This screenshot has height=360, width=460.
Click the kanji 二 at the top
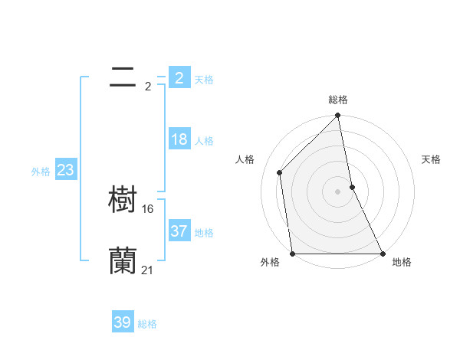[123, 77]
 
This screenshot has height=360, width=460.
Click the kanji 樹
[123, 200]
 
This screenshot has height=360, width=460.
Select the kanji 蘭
[123, 260]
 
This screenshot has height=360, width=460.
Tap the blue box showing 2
[179, 77]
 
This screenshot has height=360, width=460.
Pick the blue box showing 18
[179, 139]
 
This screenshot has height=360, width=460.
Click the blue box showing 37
[179, 231]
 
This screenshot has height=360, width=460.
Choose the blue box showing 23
[65, 170]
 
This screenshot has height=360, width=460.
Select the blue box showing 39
[123, 322]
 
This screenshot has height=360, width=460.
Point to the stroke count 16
[148, 208]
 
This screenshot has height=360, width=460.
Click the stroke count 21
[148, 270]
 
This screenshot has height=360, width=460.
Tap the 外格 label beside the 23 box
[41, 172]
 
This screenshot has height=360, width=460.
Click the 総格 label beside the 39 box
[147, 324]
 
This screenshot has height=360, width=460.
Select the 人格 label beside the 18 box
[204, 141]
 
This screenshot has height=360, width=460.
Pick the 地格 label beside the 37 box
[204, 232]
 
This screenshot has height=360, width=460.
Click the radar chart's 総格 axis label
[338, 100]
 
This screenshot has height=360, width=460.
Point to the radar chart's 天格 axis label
[431, 159]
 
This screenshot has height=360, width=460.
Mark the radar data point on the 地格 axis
[383, 254]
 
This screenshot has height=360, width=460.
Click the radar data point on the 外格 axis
[293, 254]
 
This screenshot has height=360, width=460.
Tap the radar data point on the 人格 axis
[280, 172]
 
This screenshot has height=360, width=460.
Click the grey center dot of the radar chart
[338, 191]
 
